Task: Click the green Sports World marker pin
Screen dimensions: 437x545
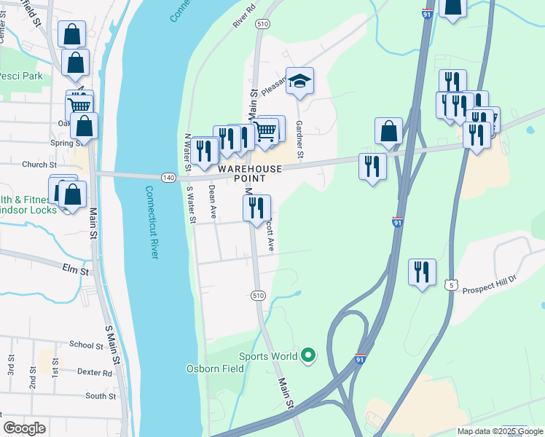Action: [x=308, y=355]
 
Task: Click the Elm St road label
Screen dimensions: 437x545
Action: [x=75, y=271]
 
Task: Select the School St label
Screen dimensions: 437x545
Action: [x=86, y=345]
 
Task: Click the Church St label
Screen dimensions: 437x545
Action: [x=39, y=165]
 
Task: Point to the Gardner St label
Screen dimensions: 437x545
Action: [x=299, y=141]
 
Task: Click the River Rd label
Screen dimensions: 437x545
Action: [x=245, y=20]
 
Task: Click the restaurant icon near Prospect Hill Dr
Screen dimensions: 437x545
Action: [x=422, y=272]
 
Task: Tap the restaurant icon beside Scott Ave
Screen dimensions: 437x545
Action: [x=256, y=208]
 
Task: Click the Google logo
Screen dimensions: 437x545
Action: [x=24, y=428]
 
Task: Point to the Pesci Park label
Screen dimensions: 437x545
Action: [x=21, y=76]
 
